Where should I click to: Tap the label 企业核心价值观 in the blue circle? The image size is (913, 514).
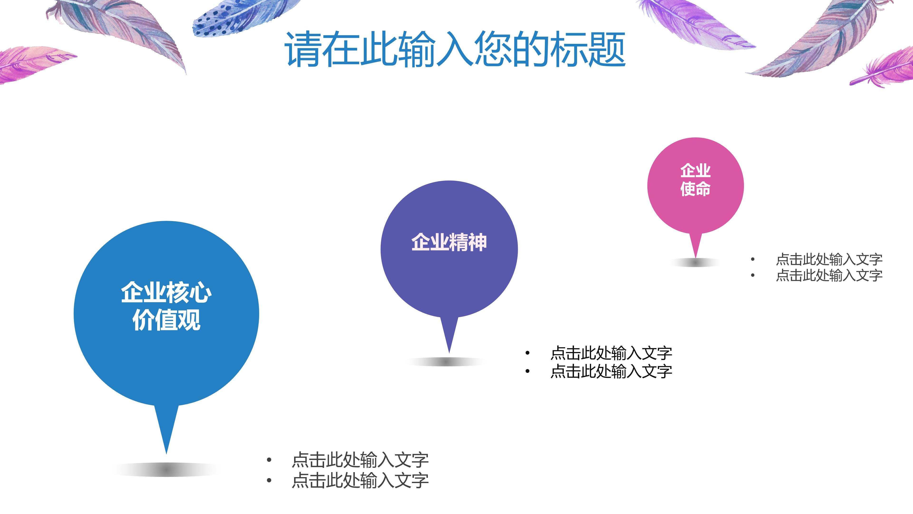(166, 306)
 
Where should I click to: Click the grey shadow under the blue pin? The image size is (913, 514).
(166, 470)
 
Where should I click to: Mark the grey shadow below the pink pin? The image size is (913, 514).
(695, 262)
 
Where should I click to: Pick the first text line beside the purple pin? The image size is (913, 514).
(611, 353)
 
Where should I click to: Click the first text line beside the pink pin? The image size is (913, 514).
(829, 259)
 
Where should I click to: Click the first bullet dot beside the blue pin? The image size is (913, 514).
(269, 460)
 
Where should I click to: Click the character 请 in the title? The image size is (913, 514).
(303, 50)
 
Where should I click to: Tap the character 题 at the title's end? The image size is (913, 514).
(607, 50)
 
